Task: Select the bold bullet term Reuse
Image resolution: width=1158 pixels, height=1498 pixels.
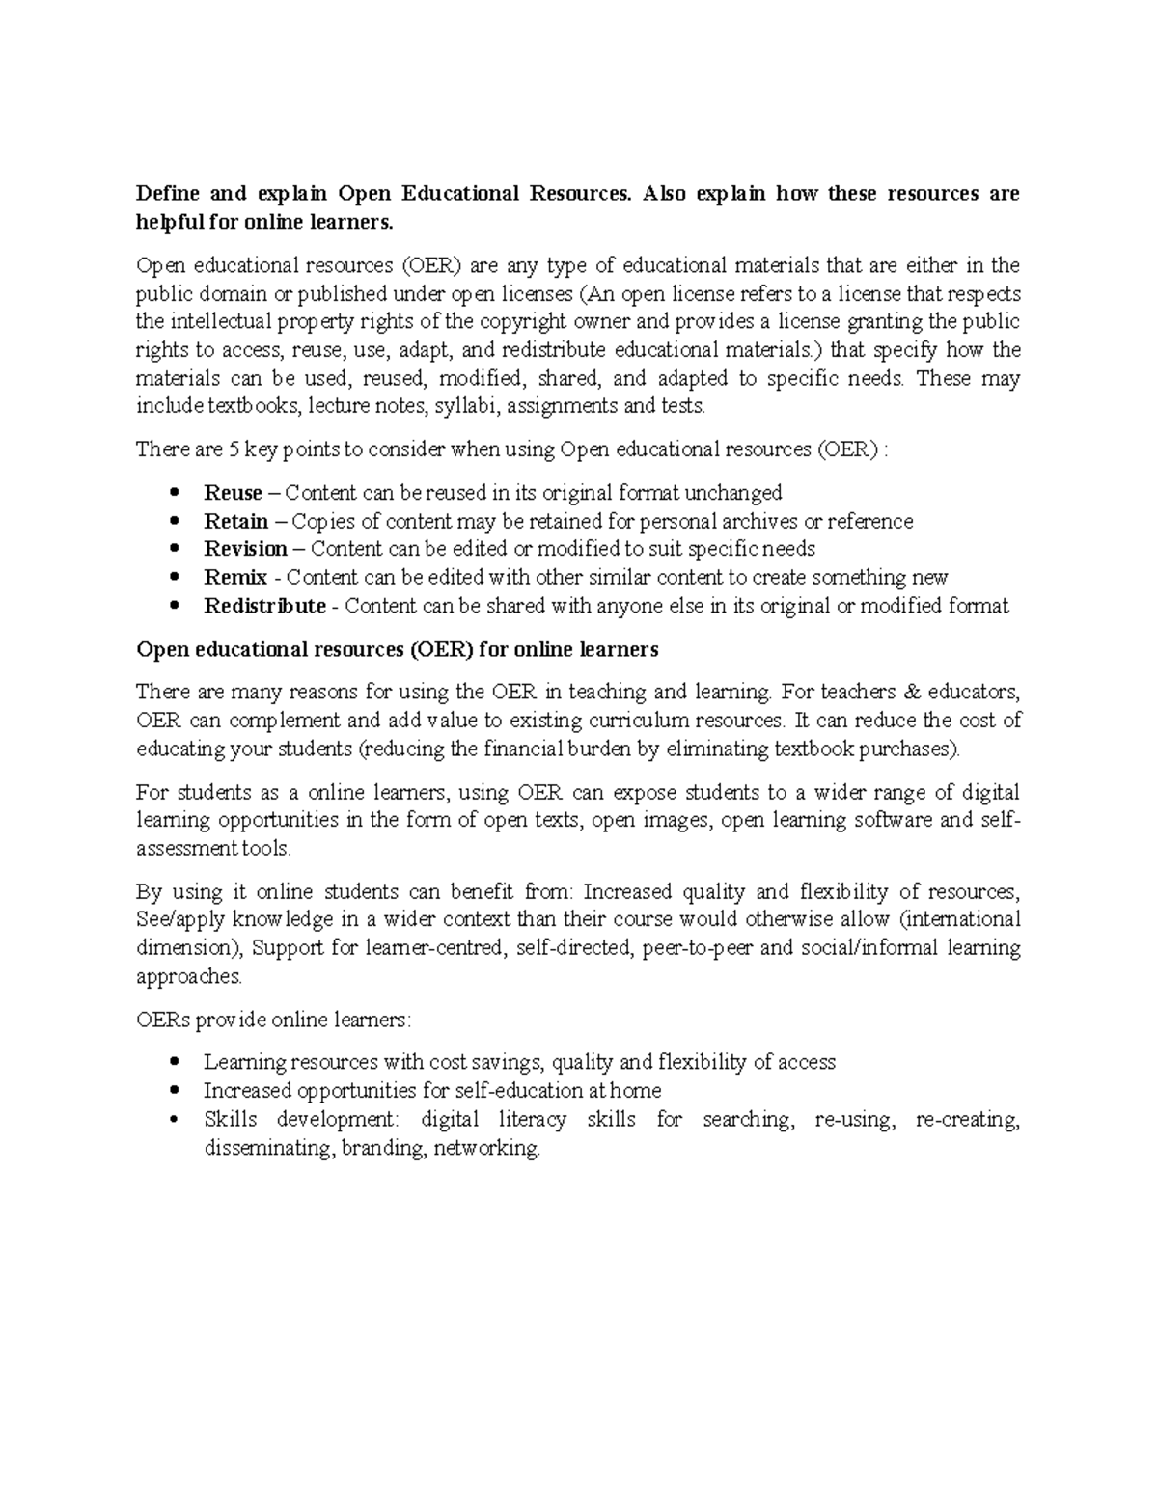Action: click(233, 493)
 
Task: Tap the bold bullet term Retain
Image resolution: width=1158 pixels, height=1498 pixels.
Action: click(235, 522)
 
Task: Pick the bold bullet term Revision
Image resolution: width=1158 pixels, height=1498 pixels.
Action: click(245, 549)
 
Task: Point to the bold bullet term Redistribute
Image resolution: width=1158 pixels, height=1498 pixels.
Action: click(264, 606)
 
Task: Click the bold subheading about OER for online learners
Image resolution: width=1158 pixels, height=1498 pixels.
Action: click(397, 649)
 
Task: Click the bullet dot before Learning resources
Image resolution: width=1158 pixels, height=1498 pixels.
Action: click(174, 1063)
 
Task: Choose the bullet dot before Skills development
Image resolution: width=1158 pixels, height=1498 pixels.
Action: click(174, 1120)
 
